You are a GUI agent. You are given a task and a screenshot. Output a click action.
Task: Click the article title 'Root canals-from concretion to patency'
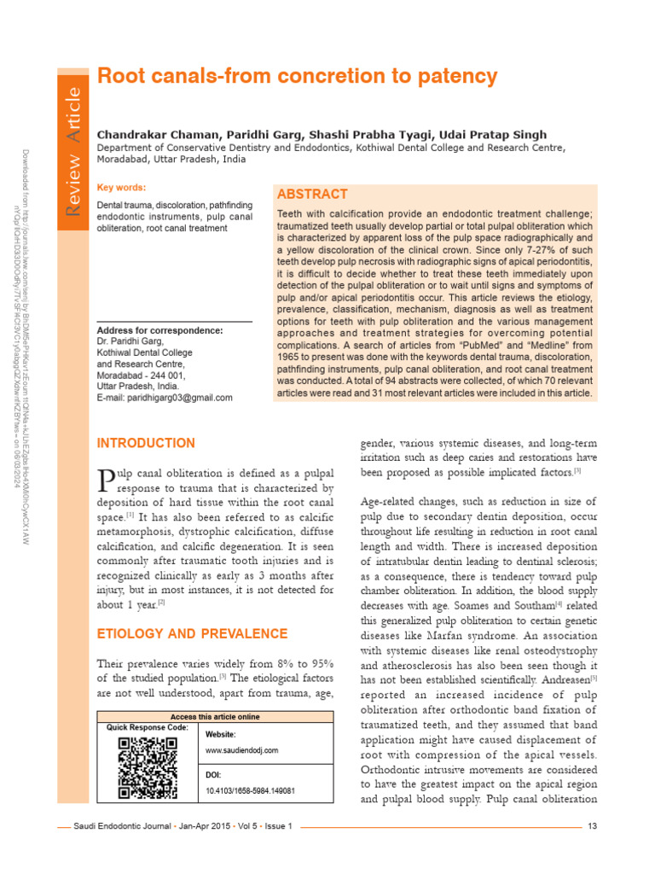tap(297, 76)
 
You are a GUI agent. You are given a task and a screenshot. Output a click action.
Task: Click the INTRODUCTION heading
tap(146, 444)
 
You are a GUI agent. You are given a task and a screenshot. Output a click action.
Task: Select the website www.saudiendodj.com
tap(242, 750)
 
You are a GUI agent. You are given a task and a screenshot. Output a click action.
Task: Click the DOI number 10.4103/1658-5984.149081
tap(251, 791)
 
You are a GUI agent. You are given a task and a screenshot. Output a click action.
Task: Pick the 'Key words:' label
tap(121, 188)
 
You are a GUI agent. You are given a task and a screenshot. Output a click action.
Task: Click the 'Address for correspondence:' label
tap(160, 330)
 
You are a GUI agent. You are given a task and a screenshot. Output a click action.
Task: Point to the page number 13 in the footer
tap(593, 826)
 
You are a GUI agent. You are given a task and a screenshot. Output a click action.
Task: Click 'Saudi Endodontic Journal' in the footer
tap(120, 826)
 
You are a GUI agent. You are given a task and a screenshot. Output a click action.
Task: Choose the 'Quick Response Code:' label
tap(147, 727)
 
